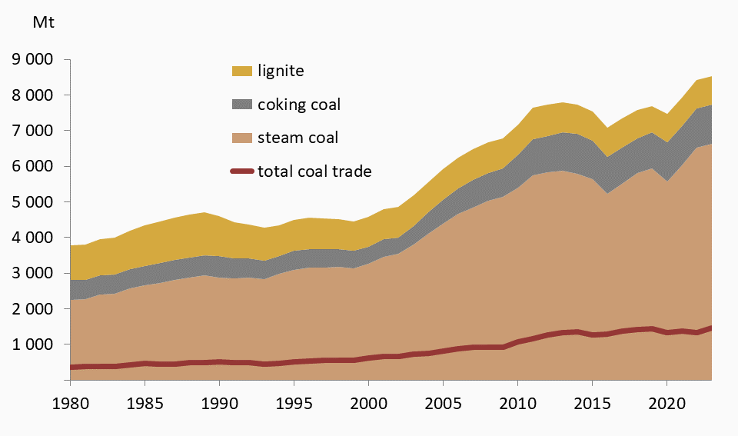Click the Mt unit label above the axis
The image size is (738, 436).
click(43, 22)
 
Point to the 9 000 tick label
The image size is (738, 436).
click(32, 59)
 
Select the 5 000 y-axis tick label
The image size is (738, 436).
click(32, 202)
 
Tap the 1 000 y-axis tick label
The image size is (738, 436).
click(32, 344)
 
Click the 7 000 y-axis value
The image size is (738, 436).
click(32, 131)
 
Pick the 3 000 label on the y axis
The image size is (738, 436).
click(32, 273)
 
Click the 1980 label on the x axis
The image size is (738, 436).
click(70, 403)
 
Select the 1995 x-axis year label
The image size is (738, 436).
click(294, 403)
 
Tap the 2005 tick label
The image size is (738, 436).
click(443, 403)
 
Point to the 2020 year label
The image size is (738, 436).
click(667, 403)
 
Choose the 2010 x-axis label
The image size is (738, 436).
click(517, 403)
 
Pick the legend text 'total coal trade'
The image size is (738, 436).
click(314, 171)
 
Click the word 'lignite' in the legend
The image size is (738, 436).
click(281, 72)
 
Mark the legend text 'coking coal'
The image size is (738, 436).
click(298, 105)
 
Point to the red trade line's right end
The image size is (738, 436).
click(710, 328)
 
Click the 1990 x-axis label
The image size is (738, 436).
click(219, 403)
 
